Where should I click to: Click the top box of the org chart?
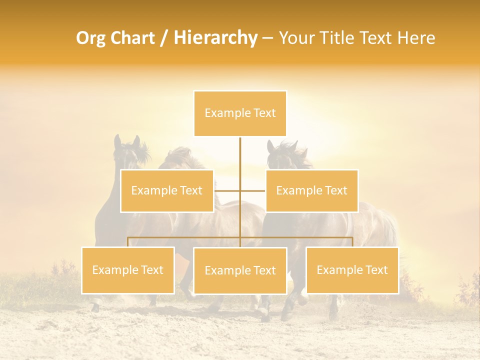[240, 113]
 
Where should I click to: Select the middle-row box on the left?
[166, 190]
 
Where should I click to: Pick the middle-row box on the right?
[311, 190]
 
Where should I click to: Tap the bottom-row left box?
[128, 270]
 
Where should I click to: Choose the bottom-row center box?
[240, 270]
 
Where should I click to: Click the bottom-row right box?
[352, 270]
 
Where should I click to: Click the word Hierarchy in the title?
[215, 38]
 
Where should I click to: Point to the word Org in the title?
[91, 38]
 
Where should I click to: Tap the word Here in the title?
[416, 38]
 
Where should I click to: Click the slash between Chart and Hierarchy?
[164, 38]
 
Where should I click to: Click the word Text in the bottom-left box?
[151, 270]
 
